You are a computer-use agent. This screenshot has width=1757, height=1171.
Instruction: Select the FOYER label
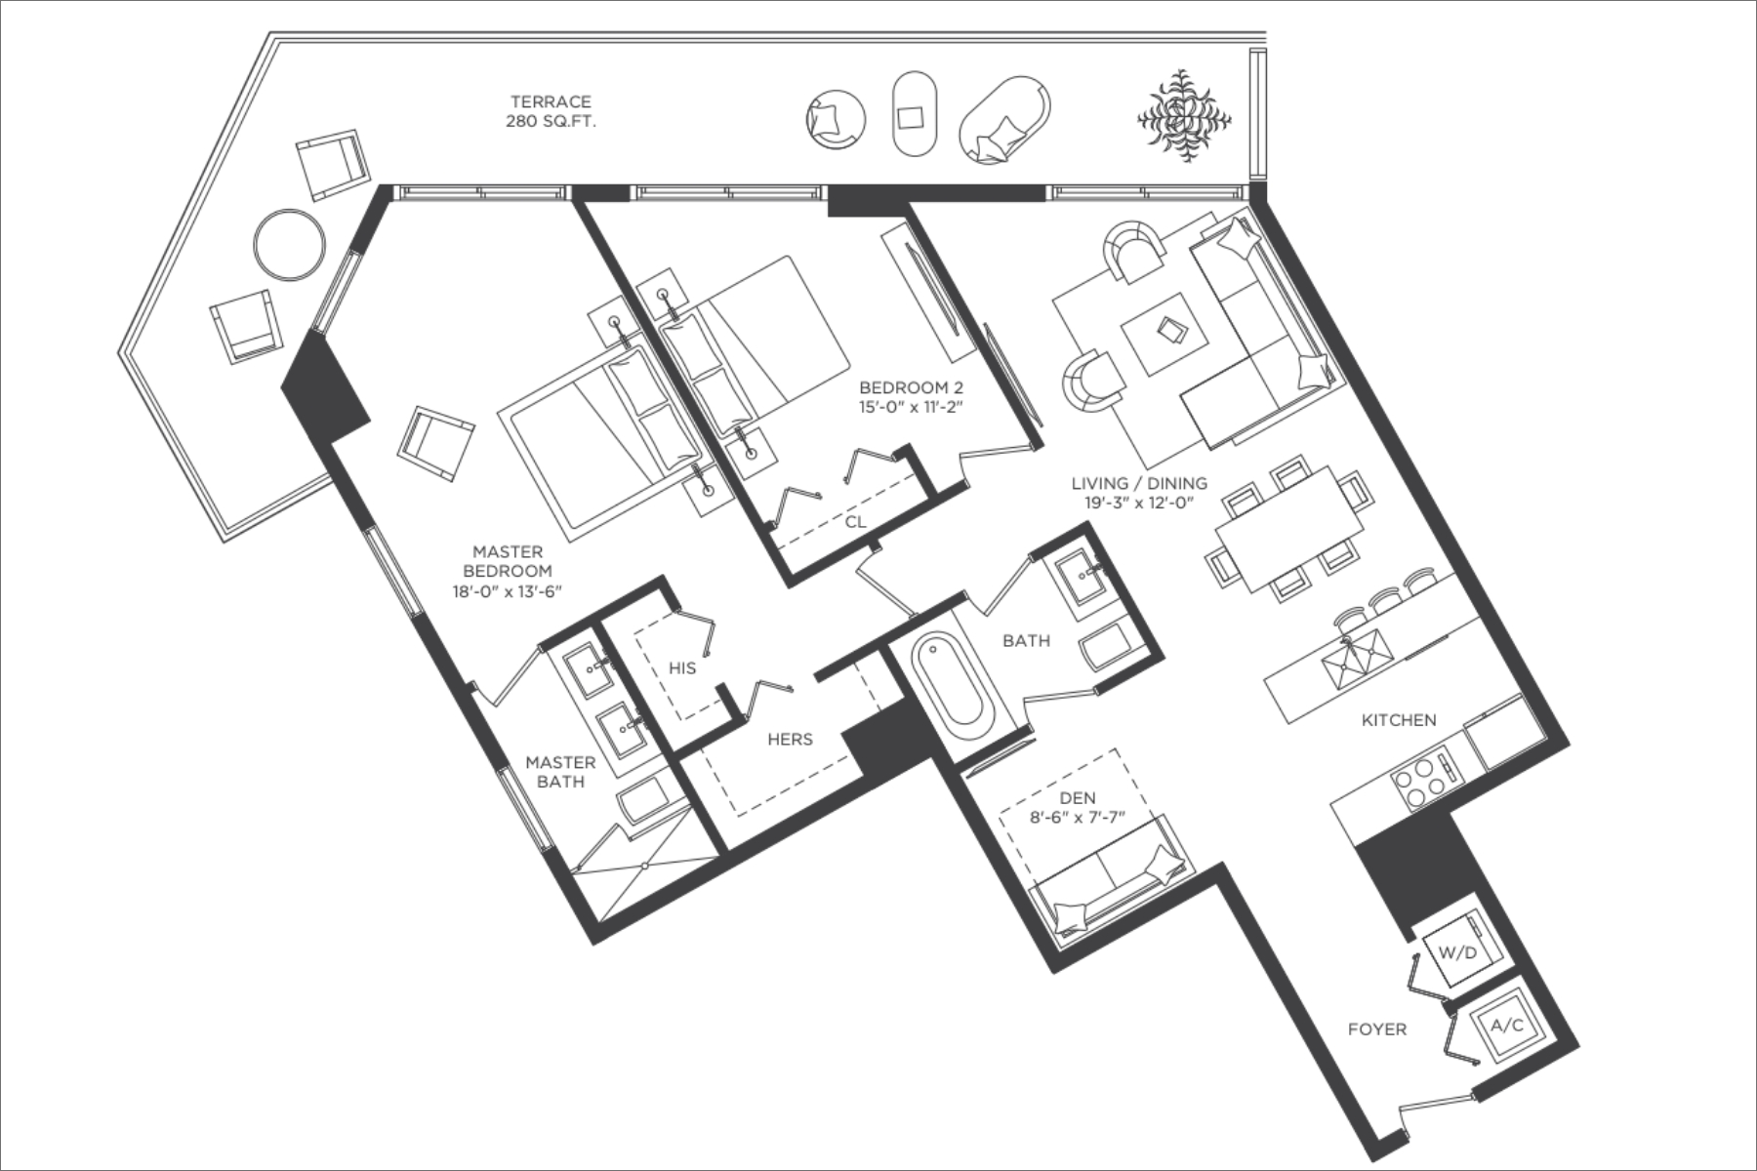[1377, 1029]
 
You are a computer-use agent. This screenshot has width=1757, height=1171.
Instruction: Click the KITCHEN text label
[1399, 720]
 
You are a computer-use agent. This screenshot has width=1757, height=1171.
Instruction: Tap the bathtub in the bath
[951, 684]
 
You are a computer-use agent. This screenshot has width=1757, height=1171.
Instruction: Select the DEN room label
[1077, 799]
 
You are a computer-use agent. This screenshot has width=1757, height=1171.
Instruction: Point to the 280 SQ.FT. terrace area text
[551, 122]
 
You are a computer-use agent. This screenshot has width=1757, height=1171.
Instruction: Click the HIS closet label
[682, 668]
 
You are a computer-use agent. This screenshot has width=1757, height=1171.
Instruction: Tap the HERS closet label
[790, 740]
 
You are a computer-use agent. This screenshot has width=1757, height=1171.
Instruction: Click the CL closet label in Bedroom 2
[855, 522]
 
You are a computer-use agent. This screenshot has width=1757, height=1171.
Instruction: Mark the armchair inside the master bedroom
[435, 443]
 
